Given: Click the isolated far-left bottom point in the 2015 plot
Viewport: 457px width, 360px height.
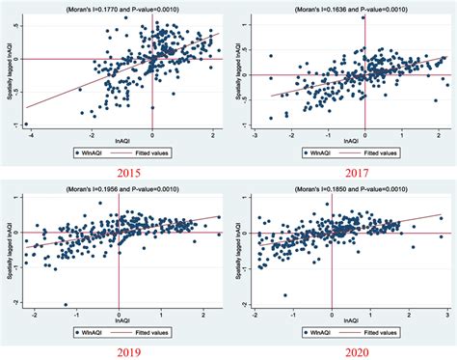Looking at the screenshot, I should click(26, 125).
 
